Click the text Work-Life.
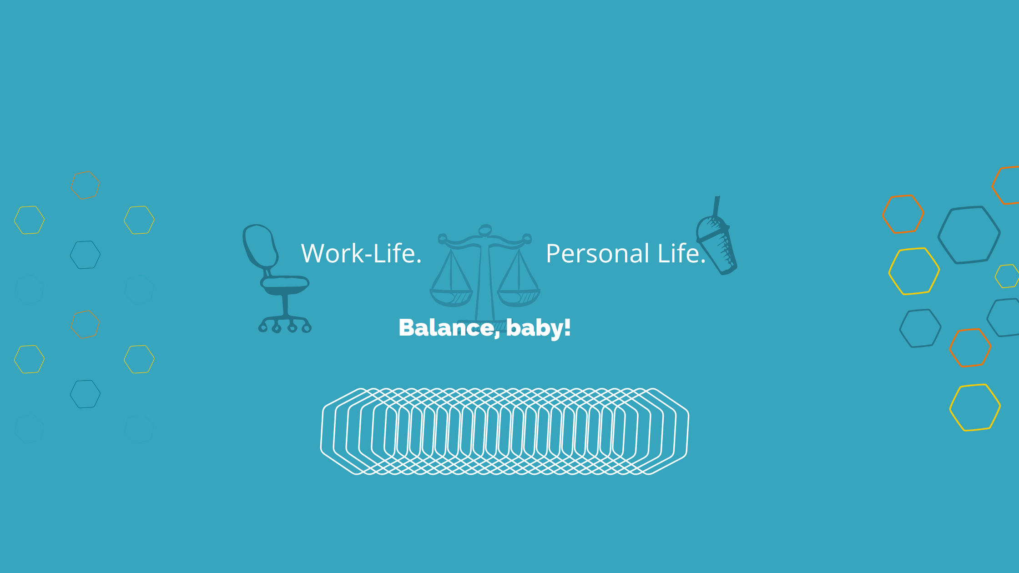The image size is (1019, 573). (361, 253)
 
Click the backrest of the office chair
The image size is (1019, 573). (260, 246)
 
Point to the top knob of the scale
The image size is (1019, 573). (485, 230)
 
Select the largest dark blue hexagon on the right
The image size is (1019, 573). (969, 235)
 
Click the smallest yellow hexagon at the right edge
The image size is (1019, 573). (1007, 276)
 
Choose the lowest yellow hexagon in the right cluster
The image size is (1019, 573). (975, 407)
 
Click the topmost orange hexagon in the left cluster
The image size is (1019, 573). (85, 185)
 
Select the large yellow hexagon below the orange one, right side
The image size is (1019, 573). (914, 271)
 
